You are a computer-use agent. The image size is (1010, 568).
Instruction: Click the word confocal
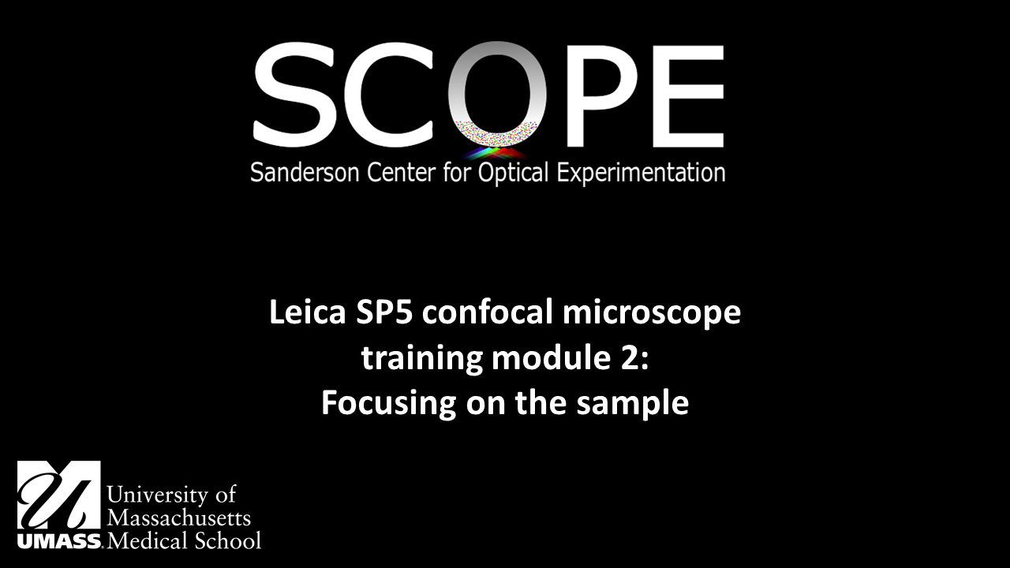[485, 313]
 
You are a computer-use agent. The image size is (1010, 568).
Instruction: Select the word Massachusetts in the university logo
[178, 518]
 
